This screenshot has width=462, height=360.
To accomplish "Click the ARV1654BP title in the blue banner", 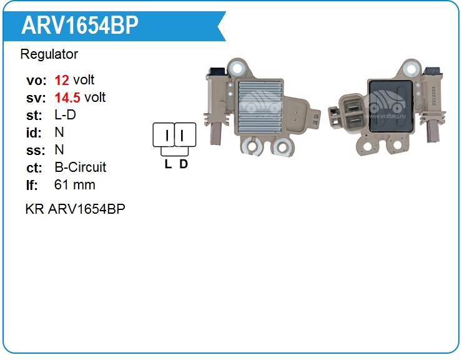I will click(x=80, y=25).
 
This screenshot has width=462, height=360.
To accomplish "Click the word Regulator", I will click(x=49, y=54).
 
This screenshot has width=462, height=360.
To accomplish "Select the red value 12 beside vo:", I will click(x=62, y=80).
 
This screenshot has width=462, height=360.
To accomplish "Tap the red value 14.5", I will click(x=67, y=97).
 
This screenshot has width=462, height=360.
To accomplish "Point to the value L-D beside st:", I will click(x=65, y=115).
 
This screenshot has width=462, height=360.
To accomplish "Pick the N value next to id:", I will click(x=59, y=132).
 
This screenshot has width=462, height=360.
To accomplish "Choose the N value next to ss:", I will click(x=59, y=150).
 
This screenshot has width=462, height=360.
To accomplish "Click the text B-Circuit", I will click(x=81, y=167).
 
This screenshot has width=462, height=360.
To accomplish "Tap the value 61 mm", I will click(x=75, y=185).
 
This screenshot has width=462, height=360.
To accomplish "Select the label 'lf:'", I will click(x=32, y=185).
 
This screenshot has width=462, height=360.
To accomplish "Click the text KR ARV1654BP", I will click(x=75, y=209).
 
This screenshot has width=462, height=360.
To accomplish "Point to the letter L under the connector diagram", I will click(x=168, y=164).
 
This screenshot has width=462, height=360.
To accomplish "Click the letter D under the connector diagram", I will click(x=184, y=164).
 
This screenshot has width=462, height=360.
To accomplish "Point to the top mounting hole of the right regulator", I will click(x=410, y=67).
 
